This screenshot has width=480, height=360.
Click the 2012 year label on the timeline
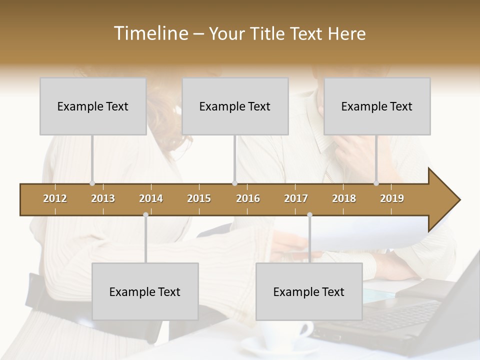55,198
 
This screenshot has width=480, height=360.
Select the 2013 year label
103,198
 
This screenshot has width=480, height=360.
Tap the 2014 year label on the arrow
151,198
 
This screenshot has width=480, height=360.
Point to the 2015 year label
199,198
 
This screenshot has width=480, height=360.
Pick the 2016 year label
248,198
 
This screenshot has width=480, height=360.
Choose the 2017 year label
296,198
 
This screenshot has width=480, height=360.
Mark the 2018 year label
344,198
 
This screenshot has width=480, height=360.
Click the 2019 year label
392,198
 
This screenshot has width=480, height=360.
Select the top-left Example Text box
93,106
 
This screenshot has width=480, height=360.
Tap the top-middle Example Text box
235,106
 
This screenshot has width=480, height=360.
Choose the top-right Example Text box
377,106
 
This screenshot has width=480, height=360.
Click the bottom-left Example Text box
145,291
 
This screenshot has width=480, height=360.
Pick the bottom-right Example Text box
309,291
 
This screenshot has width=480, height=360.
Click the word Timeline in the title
150,33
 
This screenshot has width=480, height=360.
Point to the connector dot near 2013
92,183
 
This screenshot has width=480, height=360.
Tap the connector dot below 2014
145,215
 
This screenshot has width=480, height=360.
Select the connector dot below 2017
309,215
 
